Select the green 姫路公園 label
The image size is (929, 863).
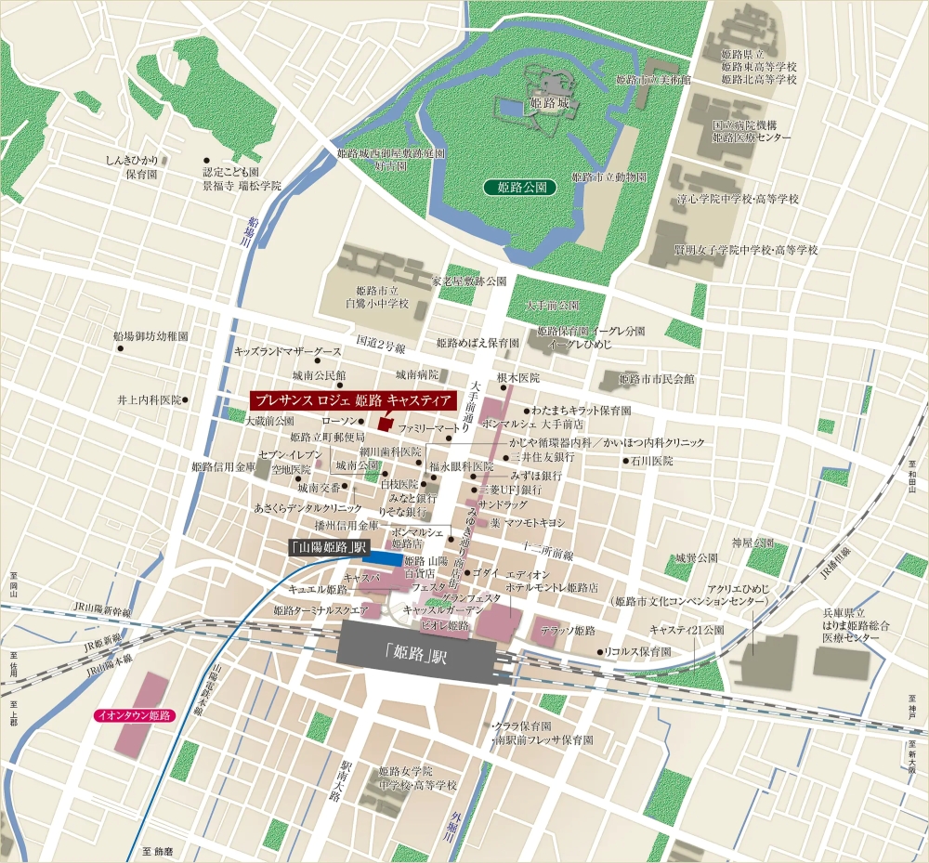point(520,188)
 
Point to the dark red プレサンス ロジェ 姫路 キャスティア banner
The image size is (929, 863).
point(354,400)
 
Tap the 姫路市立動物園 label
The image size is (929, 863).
point(608,177)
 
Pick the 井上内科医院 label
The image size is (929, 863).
point(149,399)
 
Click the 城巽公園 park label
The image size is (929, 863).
point(697,558)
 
